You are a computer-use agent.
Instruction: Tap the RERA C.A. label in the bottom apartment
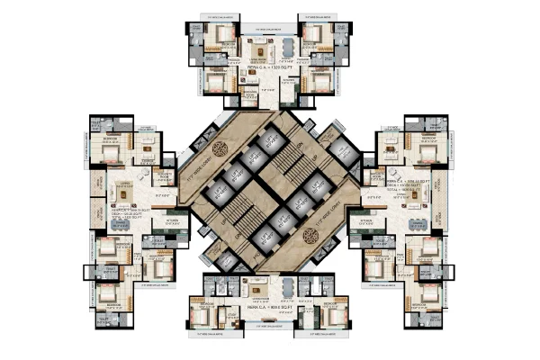(x=268, y=307)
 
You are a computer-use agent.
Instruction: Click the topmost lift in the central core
(x=269, y=144)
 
